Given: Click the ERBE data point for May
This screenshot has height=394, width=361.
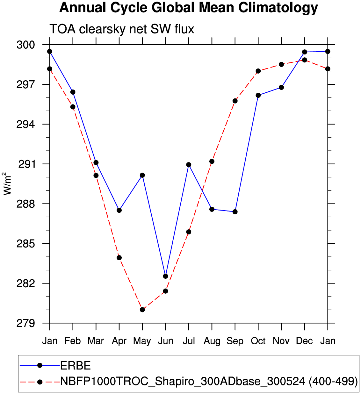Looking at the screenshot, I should tap(142, 175).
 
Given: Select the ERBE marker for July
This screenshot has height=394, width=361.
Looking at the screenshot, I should tap(189, 165).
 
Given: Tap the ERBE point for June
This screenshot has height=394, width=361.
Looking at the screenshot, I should tap(165, 276).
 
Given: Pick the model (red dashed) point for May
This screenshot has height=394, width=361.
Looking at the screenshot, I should tap(142, 310).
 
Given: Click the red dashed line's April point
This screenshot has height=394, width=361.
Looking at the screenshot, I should tap(119, 258).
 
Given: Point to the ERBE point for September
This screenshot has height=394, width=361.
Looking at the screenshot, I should tap(235, 212).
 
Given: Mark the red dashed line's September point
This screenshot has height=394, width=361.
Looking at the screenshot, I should tap(235, 101).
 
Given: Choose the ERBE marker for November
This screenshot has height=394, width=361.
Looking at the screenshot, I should tap(281, 87).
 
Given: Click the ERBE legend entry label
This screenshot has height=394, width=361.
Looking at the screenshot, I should tap(76, 366).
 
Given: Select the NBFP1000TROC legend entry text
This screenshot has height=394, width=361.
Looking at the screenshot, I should tap(209, 381).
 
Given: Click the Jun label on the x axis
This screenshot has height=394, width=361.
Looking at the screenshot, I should tap(166, 341).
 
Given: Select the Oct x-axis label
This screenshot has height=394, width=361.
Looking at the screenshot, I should tap(258, 341).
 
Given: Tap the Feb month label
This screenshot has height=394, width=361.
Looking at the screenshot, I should tap(73, 341).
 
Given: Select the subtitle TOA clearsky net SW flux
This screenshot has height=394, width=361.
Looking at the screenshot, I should tap(122, 29).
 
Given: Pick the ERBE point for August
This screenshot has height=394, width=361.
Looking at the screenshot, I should tap(212, 209).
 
